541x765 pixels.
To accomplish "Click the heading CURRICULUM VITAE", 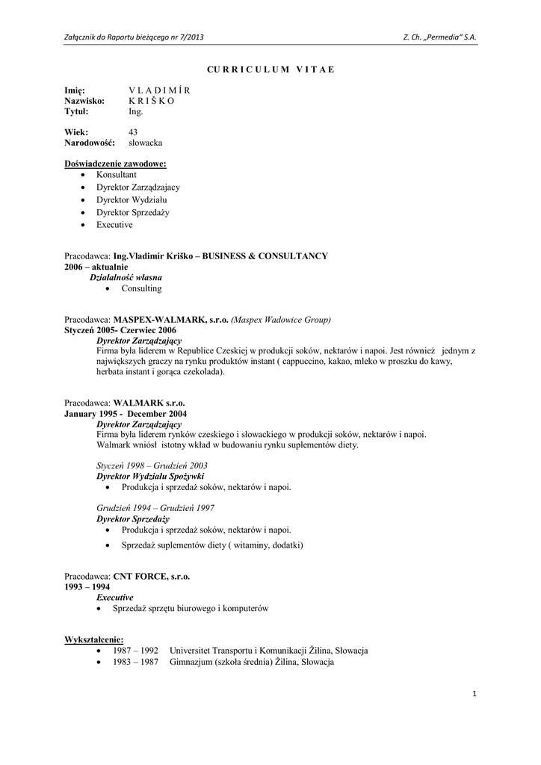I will click(270, 69).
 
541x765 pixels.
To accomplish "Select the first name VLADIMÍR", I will click(159, 90).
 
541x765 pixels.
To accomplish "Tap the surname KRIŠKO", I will click(151, 101).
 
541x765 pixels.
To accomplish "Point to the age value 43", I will click(133, 131).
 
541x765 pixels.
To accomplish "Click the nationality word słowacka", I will click(145, 143).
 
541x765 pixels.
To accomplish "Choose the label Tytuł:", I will click(76, 111).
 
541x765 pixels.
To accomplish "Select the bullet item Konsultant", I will click(116, 174).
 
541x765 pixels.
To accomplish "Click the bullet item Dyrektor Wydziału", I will click(132, 199).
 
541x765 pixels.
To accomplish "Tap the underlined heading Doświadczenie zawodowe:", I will click(115, 163).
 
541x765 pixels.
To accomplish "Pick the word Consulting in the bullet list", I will click(141, 288).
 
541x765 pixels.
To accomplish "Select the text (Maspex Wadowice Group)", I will click(281, 319).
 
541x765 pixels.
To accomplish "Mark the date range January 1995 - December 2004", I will click(126, 413).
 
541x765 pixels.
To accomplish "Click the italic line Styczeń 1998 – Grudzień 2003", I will click(152, 465).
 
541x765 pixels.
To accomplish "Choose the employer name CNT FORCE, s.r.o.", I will click(152, 576).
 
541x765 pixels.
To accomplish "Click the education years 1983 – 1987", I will click(135, 663).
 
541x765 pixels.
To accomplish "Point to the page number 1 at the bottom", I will click(474, 695).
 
